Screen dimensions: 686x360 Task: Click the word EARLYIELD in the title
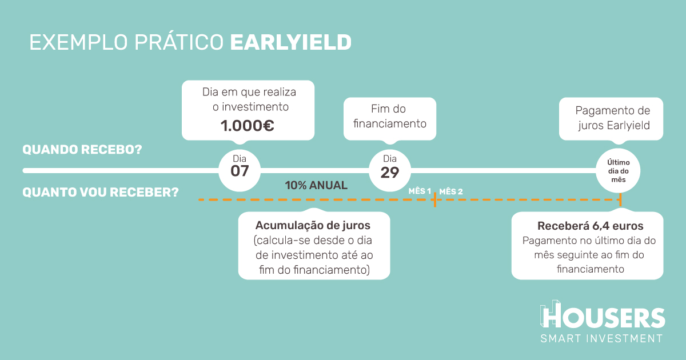[290, 42]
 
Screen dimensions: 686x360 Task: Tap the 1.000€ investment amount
[247, 126]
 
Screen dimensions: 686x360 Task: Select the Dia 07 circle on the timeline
[240, 170]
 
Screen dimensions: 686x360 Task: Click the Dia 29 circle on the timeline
[390, 170]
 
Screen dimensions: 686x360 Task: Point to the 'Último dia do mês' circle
[618, 170]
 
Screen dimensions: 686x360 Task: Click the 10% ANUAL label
[316, 185]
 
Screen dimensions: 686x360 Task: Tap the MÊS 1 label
[420, 191]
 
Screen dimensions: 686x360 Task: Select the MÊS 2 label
[451, 191]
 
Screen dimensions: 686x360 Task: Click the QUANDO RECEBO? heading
[82, 150]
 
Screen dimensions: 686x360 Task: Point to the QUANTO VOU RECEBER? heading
[101, 192]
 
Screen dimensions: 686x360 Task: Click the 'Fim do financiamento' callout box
[390, 119]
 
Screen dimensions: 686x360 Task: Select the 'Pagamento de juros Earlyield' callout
[611, 119]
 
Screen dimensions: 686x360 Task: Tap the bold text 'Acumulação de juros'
[313, 225]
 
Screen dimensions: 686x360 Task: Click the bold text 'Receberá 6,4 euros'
[590, 226]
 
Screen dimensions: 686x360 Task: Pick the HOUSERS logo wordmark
[603, 315]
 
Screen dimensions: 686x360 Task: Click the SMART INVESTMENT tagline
[601, 338]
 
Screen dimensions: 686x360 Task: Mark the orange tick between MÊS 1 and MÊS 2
[435, 199]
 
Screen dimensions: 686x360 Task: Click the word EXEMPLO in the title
[78, 42]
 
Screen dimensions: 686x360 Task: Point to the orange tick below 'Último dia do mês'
[620, 199]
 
